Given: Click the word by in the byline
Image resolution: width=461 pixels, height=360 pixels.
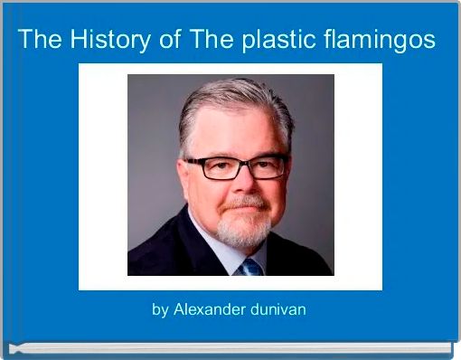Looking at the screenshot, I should pyautogui.click(x=160, y=309).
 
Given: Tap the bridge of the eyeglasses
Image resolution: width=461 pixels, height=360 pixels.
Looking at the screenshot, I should pyautogui.click(x=240, y=165).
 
